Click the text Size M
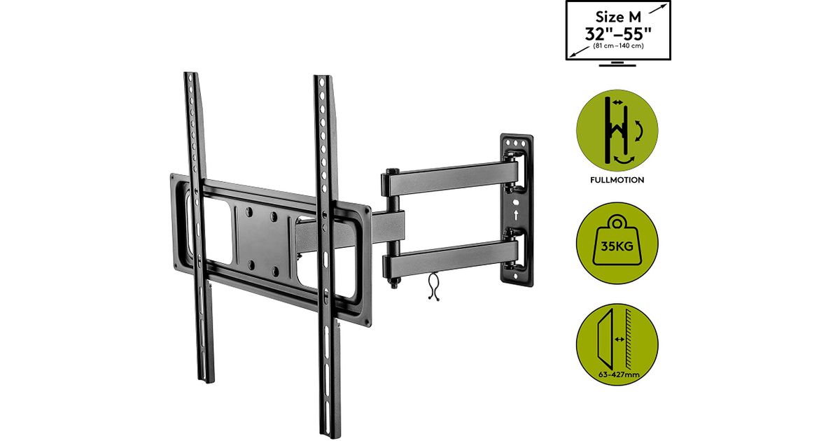click(x=618, y=17)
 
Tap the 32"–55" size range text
click(x=618, y=34)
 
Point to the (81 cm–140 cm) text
click(x=618, y=45)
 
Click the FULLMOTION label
click(x=617, y=180)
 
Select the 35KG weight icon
click(x=617, y=243)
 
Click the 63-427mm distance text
click(x=619, y=374)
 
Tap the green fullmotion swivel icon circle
click(x=617, y=130)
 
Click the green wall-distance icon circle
click(x=617, y=344)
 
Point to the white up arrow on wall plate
click(x=517, y=215)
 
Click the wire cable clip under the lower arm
click(x=433, y=286)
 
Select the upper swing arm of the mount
click(x=450, y=179)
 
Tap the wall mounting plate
click(x=517, y=210)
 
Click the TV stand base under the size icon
click(x=617, y=64)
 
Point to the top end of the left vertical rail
click(x=190, y=74)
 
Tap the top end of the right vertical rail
click(x=323, y=78)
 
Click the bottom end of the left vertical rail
click(x=207, y=381)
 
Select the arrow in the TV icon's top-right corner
click(x=658, y=8)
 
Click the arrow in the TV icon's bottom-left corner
click(x=579, y=52)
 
